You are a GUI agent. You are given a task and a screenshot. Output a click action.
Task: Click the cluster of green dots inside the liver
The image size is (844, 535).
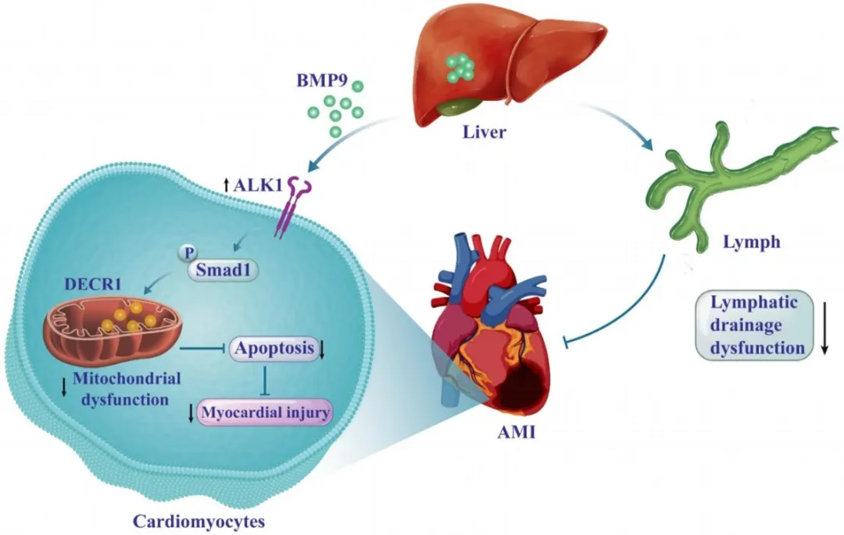click(x=460, y=67)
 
